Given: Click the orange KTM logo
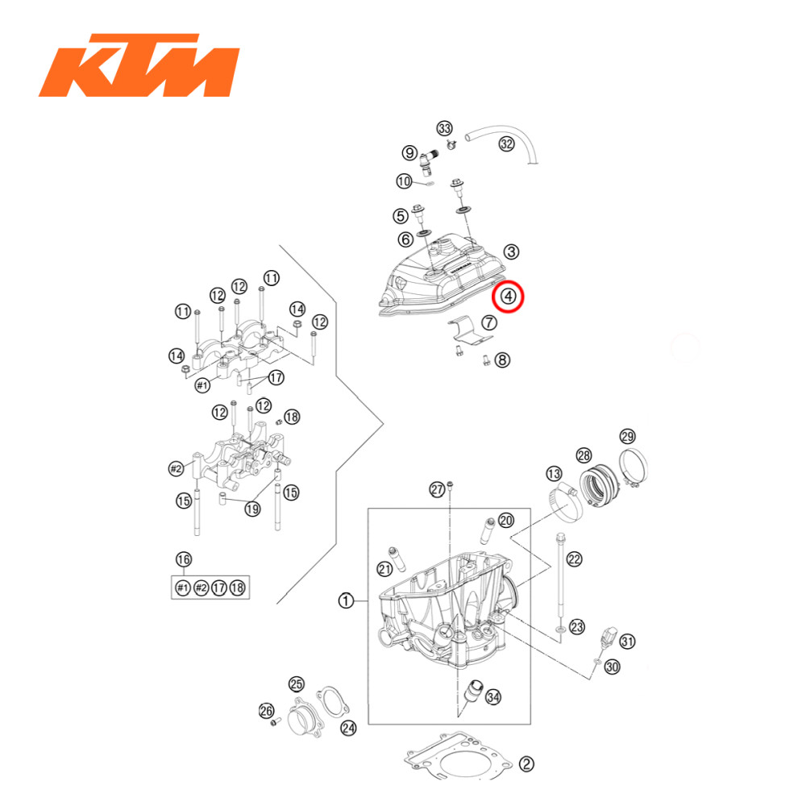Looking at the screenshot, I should coord(139,65).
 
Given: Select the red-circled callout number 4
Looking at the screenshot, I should coord(508,297).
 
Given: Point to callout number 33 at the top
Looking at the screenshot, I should coord(445,129).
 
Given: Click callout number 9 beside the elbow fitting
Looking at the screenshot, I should coord(410,152).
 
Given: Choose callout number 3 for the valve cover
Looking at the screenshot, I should coord(512,252).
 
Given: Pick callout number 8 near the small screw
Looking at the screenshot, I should coord(502,360).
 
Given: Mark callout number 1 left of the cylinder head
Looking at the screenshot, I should coord(346,600).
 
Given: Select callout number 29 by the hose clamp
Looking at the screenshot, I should coord(627,437).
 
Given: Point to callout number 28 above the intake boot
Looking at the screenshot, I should coord(584,455).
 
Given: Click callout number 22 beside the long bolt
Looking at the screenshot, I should coord(574,558).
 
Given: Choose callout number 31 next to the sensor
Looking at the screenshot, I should coord(627,642).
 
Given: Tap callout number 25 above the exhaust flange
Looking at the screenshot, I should coord(297,684).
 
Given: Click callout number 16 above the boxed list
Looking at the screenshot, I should coord(184,559).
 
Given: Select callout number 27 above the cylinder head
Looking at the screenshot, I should coord(437,489).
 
